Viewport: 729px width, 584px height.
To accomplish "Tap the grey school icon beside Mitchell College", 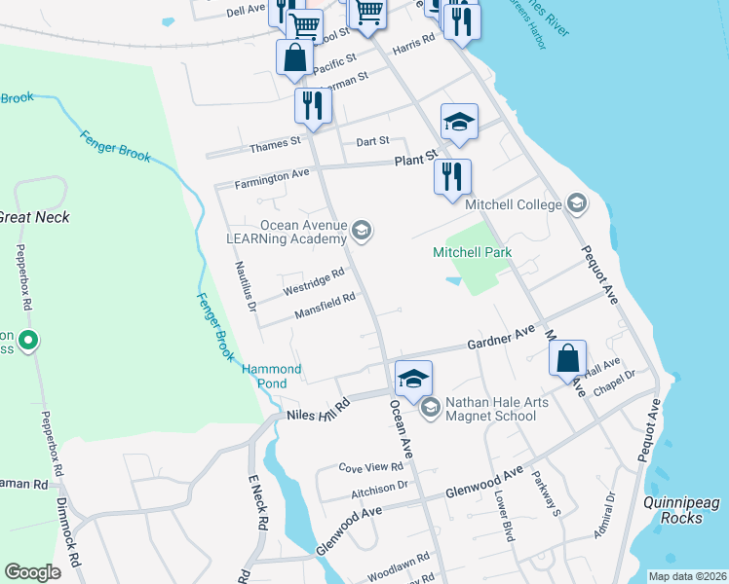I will tap(577, 203).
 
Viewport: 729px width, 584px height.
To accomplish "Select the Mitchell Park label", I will tap(472, 253).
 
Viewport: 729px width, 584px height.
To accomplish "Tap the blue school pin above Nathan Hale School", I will tap(414, 378).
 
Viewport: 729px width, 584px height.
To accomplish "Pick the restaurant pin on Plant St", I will tap(452, 177).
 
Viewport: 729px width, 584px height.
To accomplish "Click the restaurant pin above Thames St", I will tap(313, 106).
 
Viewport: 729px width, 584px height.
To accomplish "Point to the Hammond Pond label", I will tap(272, 377).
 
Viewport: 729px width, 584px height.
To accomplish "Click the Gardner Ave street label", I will tap(501, 339).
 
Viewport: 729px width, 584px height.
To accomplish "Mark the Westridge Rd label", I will tap(314, 283).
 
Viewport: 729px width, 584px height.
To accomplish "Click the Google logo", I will tap(33, 572).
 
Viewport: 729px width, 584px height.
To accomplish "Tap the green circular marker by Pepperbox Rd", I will tap(28, 341).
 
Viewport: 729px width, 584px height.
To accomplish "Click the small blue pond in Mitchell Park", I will tap(453, 281).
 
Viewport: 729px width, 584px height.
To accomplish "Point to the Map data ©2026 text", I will tap(686, 576).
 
